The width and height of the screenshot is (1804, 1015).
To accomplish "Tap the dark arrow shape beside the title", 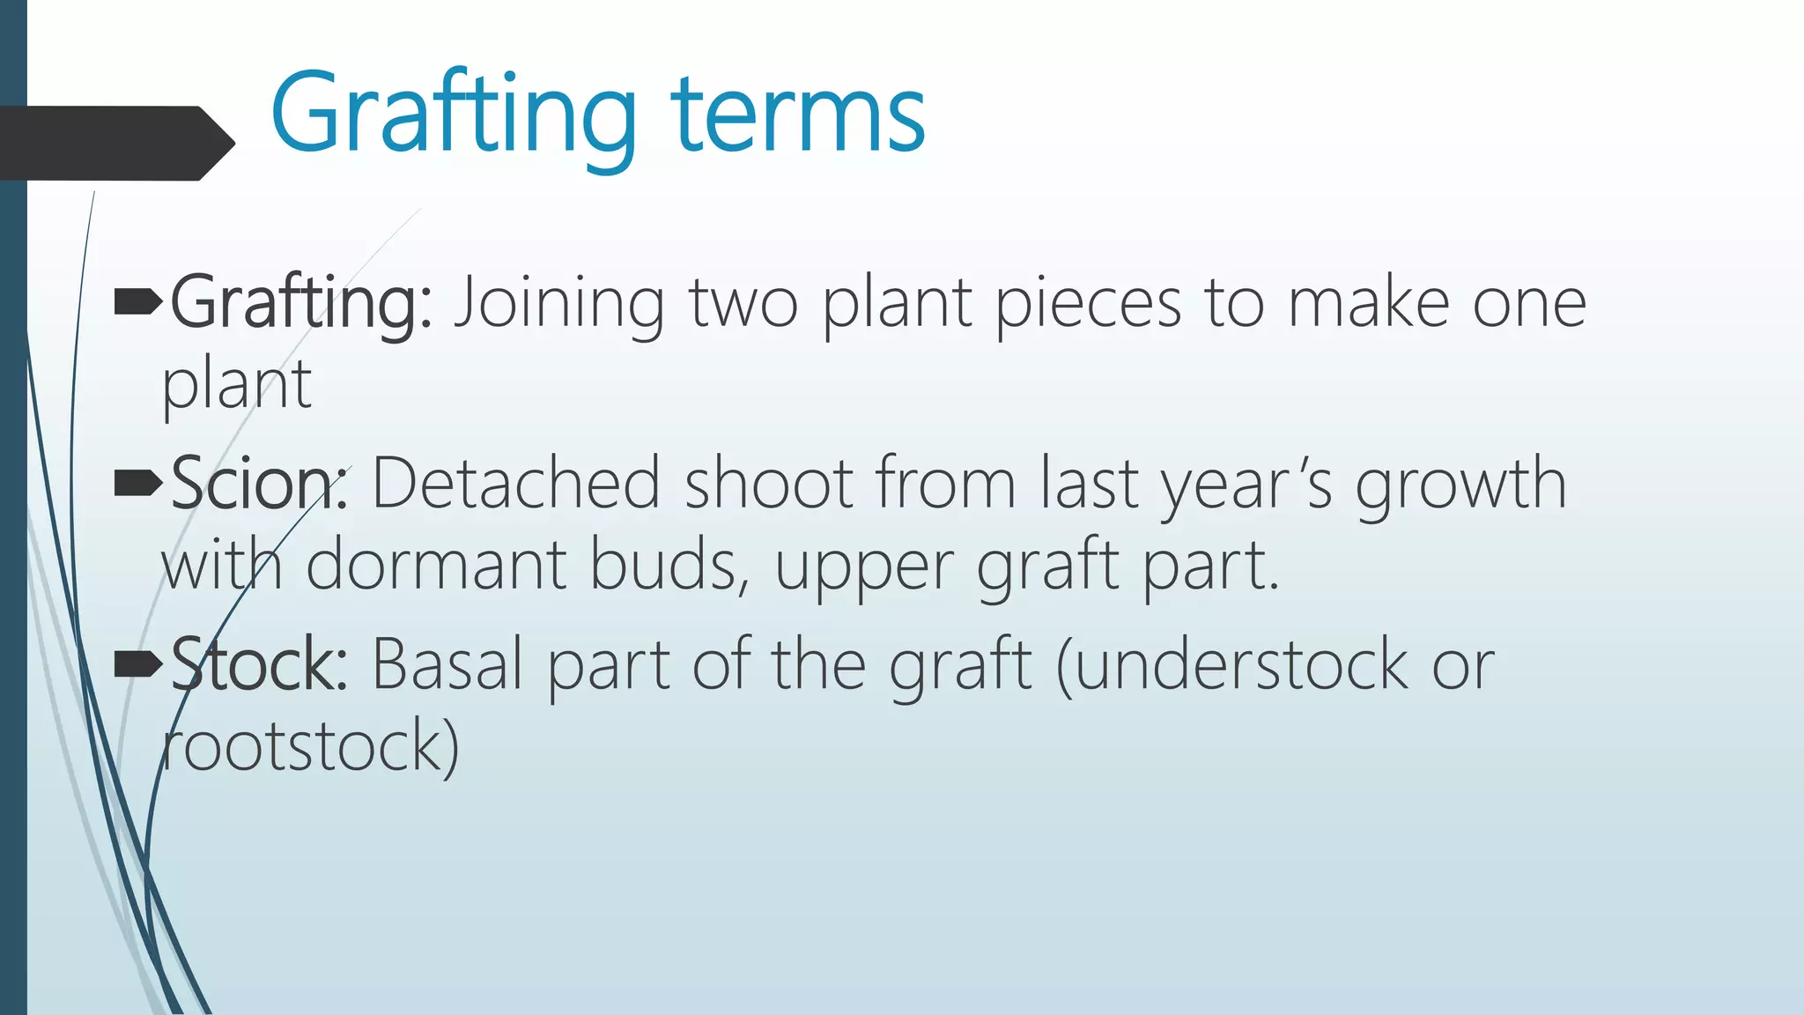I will click(x=115, y=143).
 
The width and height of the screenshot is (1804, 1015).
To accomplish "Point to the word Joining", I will click(x=558, y=304).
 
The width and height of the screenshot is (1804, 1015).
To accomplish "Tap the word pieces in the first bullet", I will click(x=1088, y=304).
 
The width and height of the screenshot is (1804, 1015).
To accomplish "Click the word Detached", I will click(x=515, y=484).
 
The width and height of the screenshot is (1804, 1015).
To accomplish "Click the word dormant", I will click(x=436, y=565).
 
